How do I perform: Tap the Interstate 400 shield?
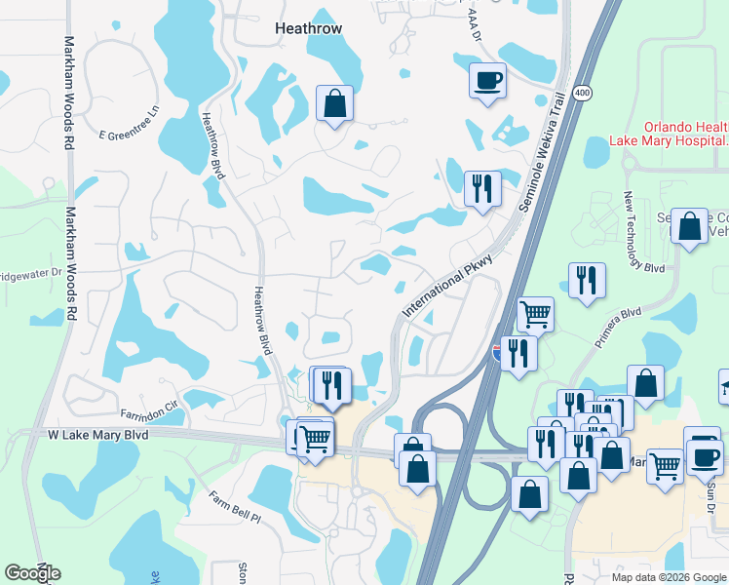(583, 92)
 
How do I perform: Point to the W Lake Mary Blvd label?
(98, 434)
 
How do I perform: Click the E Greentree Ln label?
(129, 124)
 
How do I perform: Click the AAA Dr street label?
(476, 24)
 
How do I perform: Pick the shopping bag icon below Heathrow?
(334, 103)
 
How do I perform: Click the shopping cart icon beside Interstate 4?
(535, 314)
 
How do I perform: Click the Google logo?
(32, 573)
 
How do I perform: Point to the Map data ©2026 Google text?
(668, 577)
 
